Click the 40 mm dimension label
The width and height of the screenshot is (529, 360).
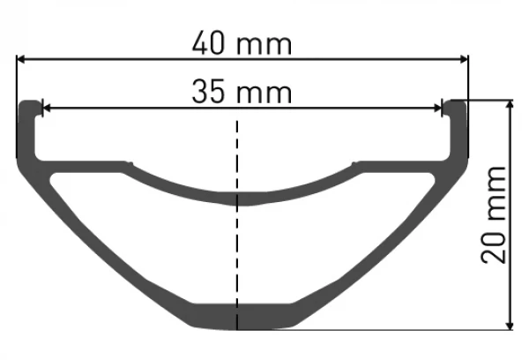point(241,41)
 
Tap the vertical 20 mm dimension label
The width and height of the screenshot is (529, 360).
point(495,214)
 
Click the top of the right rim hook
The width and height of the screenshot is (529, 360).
point(456,102)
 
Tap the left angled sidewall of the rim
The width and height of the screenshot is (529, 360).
point(115,247)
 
